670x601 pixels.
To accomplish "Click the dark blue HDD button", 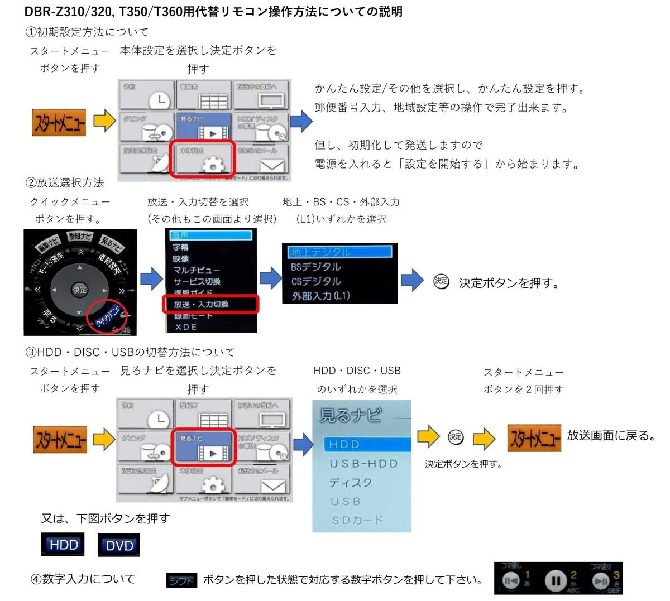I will (x=63, y=545).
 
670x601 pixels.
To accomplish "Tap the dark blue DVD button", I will (x=119, y=545).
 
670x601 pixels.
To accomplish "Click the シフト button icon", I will (x=181, y=581).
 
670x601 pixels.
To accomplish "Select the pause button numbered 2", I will (x=556, y=580).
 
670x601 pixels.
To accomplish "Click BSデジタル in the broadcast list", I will (x=315, y=267).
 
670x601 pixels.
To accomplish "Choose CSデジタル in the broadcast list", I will (x=315, y=281).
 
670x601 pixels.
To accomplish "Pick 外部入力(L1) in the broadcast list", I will (x=320, y=296).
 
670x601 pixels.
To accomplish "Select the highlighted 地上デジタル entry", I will (x=320, y=252).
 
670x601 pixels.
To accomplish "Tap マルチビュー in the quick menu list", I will (x=197, y=270).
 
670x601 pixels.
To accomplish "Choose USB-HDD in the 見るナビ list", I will (x=363, y=464).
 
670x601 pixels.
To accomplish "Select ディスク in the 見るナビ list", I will (x=351, y=483).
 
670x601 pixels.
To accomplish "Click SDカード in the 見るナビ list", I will (x=357, y=520).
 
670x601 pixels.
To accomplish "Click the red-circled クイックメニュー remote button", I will (x=108, y=316).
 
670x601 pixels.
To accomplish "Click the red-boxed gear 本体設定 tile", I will (x=203, y=159).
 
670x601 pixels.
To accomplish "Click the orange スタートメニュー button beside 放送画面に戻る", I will (x=534, y=437).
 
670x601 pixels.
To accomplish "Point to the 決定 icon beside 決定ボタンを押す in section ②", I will (x=441, y=281).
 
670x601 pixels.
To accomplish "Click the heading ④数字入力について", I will (x=83, y=579).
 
